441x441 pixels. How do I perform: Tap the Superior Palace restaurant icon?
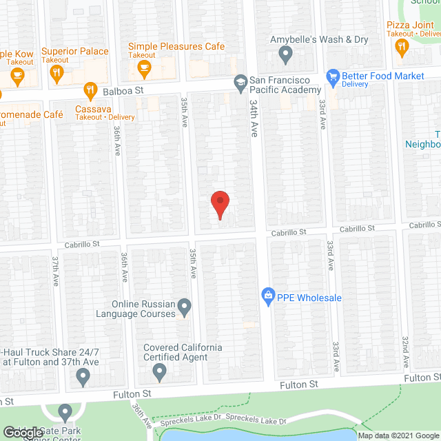58,70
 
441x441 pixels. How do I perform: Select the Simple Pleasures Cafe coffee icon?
144,67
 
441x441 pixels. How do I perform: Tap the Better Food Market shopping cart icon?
332,76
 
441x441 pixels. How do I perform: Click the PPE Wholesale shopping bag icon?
268,298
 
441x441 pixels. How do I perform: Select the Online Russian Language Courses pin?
184,305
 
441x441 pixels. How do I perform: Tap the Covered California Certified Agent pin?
160,373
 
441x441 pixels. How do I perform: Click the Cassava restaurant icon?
90,90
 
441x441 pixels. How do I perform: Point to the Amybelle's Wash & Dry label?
319,39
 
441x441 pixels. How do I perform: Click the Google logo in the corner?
22,432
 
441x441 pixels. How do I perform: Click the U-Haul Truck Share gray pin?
83,377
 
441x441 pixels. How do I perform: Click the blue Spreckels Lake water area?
262,434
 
